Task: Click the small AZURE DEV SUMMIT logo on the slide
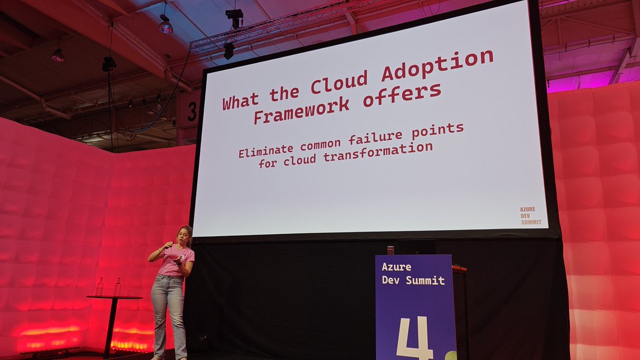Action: point(530,215)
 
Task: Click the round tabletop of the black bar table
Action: point(114,297)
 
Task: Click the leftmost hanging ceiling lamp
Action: point(58,55)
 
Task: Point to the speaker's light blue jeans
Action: point(168,315)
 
